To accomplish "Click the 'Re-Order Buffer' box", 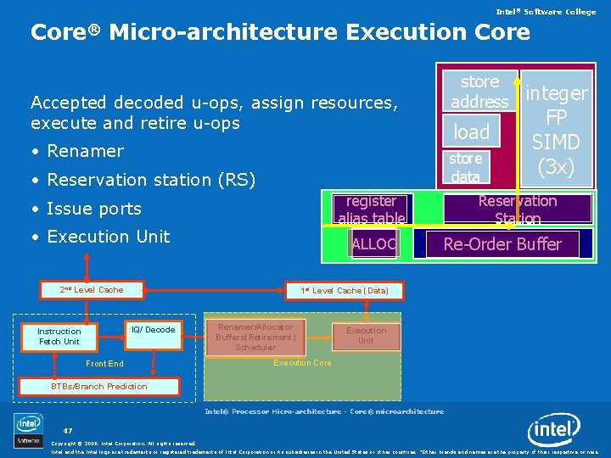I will pos(502,244).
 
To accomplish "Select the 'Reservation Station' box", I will pos(517,209).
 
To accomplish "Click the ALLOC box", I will pos(373,244).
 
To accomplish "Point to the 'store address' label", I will pos(479,92).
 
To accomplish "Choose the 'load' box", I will pos(471,131).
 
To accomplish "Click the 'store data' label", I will pos(465,167).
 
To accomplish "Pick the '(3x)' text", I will pos(556,167).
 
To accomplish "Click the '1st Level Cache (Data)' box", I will pos(345,291).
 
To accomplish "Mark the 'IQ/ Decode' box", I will pos(153,330).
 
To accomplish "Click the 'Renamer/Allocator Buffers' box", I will pos(255,337).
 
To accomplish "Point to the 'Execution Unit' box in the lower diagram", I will pos(366,336).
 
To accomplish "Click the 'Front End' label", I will pos(104,364).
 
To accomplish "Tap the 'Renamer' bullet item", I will pos(85,151).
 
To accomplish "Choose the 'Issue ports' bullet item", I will pos(94,209).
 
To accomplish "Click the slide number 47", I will pos(67,430).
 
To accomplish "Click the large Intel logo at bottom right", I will pos(555,431).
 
